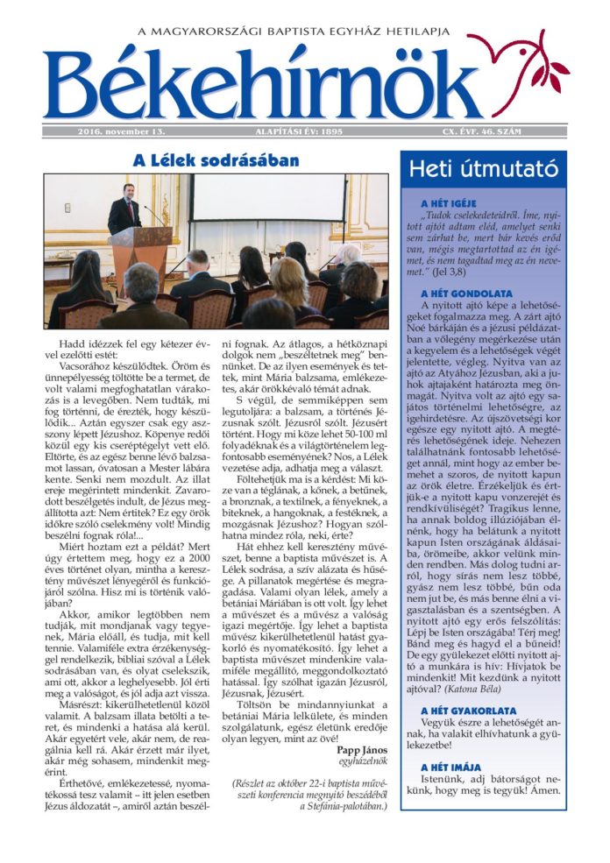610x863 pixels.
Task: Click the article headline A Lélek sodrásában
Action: (216, 160)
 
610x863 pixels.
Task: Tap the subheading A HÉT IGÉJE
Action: (449, 202)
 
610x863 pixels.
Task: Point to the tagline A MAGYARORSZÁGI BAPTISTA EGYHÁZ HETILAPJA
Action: (305, 32)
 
